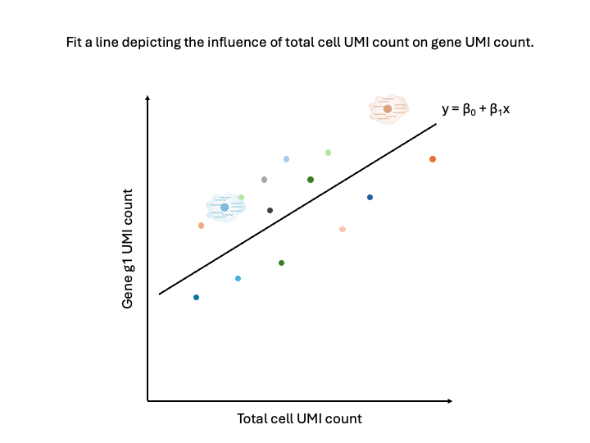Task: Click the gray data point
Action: pyautogui.click(x=264, y=180)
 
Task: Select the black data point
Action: pyautogui.click(x=270, y=211)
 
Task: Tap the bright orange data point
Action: pyautogui.click(x=433, y=159)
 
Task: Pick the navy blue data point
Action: pyautogui.click(x=370, y=198)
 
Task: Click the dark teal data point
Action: pyautogui.click(x=196, y=297)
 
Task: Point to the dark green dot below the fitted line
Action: pyautogui.click(x=281, y=263)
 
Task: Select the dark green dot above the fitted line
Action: pyautogui.click(x=311, y=180)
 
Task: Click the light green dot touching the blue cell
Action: pyautogui.click(x=241, y=197)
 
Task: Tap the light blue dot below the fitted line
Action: pyautogui.click(x=238, y=279)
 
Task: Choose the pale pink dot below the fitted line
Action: pyautogui.click(x=343, y=229)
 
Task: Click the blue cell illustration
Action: pyautogui.click(x=223, y=208)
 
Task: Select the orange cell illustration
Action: pyautogui.click(x=388, y=109)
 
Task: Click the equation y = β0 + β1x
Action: pyautogui.click(x=476, y=108)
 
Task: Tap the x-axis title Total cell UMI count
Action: pyautogui.click(x=299, y=418)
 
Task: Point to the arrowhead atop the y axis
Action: pyautogui.click(x=147, y=98)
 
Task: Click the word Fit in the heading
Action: pyautogui.click(x=75, y=42)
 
